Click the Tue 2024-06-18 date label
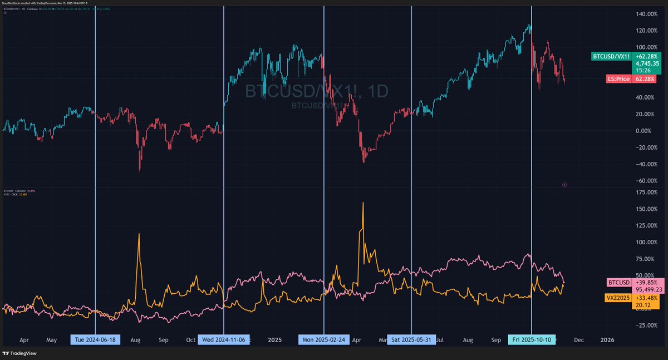95,339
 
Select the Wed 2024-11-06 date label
223,339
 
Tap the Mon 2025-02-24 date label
323,339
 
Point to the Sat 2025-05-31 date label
411,339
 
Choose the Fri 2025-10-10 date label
532,339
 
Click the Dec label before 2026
578,339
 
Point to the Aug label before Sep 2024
135,339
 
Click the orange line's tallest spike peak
363,203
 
